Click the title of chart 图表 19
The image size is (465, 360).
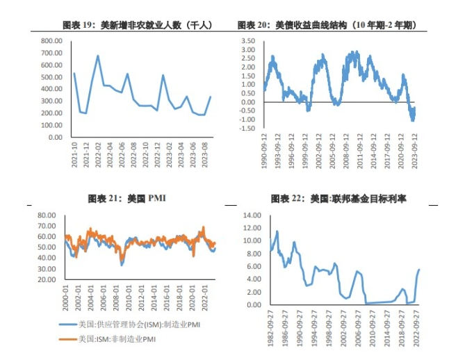click(x=137, y=25)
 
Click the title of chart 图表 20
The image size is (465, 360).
click(x=327, y=25)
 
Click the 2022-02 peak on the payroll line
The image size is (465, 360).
click(x=98, y=56)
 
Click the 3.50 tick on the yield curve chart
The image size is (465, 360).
click(x=248, y=41)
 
